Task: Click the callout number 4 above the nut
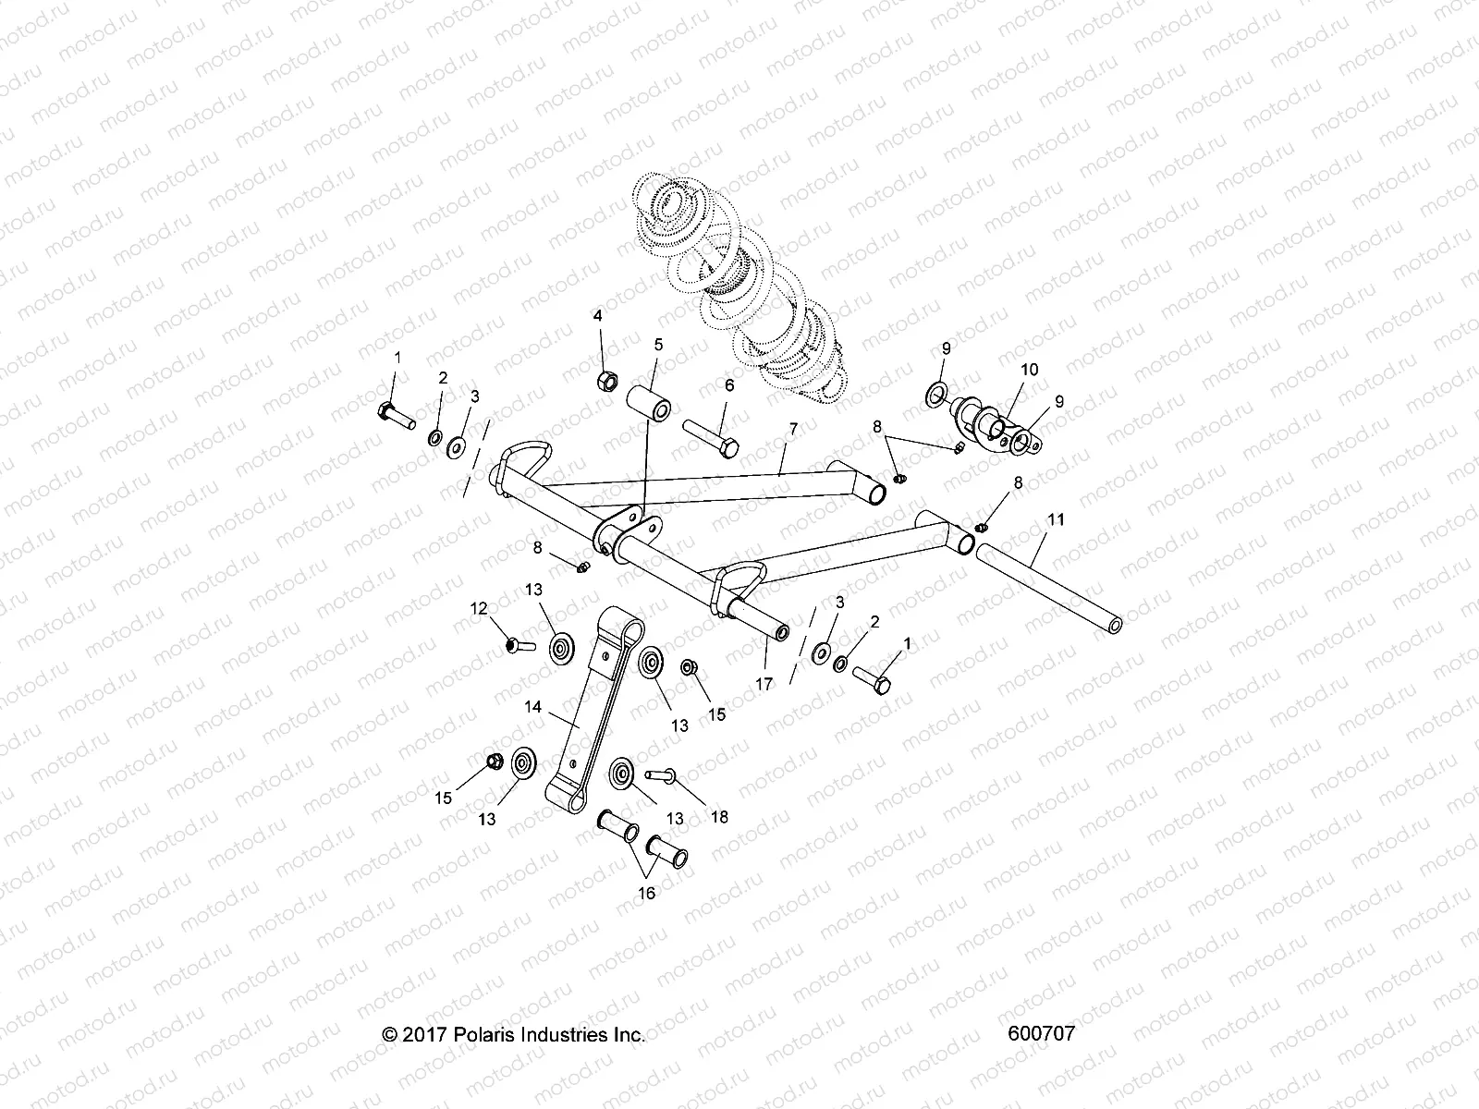click(x=598, y=316)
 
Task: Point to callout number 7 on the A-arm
click(x=792, y=428)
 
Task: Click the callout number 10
click(x=1003, y=370)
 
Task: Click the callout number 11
click(x=1057, y=520)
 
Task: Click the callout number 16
click(x=646, y=893)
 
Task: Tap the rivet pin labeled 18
click(x=664, y=774)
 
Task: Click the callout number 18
click(x=719, y=817)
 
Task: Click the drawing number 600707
click(x=1044, y=1033)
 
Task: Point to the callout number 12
click(x=479, y=608)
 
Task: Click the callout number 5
click(x=658, y=345)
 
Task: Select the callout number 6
click(x=728, y=385)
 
